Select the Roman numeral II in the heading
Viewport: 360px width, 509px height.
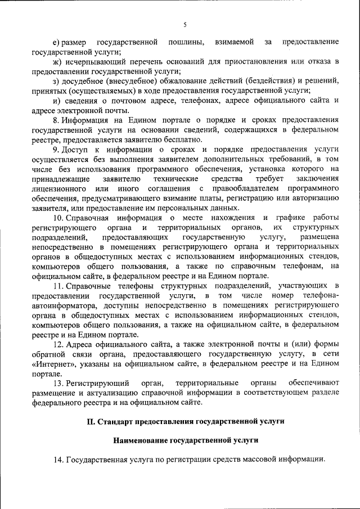(x=91, y=421)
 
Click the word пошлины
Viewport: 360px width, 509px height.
(x=184, y=42)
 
